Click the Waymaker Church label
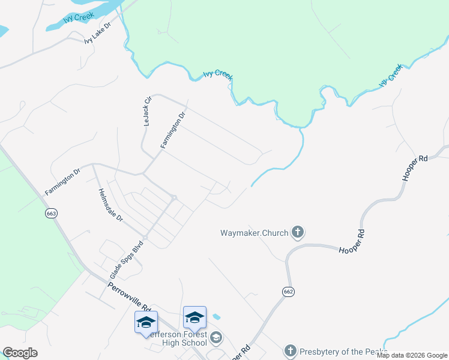[x=254, y=232]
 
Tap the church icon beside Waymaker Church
[x=297, y=232]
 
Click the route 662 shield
[x=289, y=291]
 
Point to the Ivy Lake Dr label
[x=98, y=34]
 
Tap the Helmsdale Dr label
[x=110, y=205]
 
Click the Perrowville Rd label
[x=129, y=296]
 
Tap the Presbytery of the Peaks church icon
[x=290, y=350]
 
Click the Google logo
[x=20, y=353]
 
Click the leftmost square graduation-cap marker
[x=146, y=322]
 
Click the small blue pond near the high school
[x=216, y=316]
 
